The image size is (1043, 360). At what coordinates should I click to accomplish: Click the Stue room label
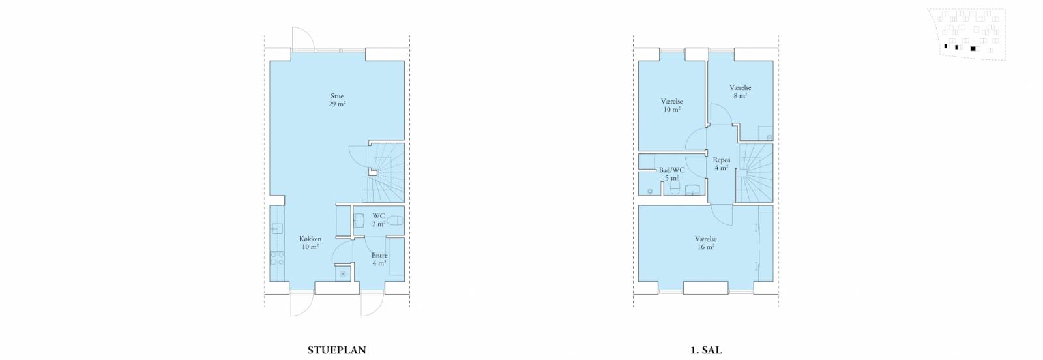pos(337,100)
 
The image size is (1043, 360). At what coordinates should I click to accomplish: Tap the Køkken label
pos(310,243)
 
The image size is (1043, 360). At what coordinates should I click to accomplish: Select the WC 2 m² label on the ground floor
pos(379,220)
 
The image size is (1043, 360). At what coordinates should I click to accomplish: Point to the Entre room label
pos(379,259)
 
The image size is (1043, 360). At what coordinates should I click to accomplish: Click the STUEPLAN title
pos(336,350)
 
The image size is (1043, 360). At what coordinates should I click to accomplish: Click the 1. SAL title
pos(706,350)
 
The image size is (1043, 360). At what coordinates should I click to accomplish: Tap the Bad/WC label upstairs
pos(671,173)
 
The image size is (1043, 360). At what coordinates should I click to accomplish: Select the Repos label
pos(721,164)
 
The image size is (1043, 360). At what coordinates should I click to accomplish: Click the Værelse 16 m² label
pos(706,243)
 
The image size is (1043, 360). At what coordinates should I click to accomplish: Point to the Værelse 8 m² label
pos(741,91)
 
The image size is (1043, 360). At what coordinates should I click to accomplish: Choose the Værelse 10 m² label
pos(672,105)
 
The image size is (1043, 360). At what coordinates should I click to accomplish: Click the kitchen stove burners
pos(277,258)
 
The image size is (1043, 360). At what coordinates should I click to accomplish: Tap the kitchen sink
pos(278,228)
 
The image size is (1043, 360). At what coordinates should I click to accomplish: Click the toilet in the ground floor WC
pos(395,220)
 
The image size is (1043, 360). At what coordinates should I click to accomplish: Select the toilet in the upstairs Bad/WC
pos(674,187)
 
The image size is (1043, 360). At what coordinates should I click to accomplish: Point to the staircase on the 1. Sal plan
pos(754,173)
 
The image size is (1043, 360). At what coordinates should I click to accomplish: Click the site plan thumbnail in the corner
pos(972,34)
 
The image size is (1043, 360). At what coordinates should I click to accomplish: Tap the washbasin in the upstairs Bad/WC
pos(692,190)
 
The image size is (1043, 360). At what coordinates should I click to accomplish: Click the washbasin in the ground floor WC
pos(358,220)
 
